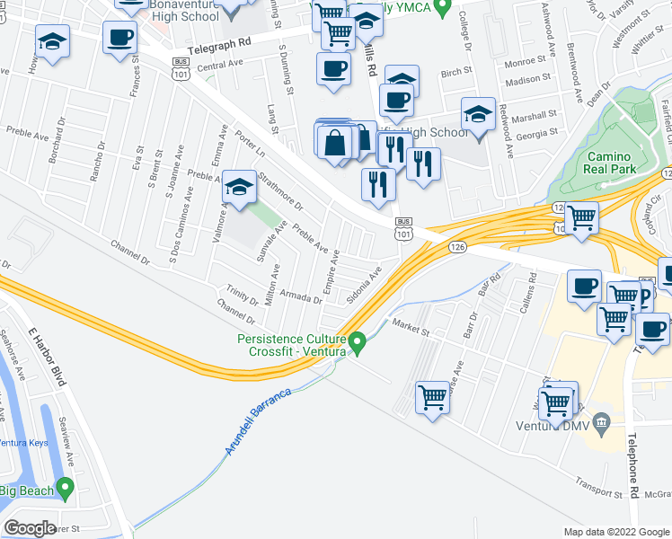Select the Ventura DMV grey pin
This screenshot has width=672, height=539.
coord(602,420)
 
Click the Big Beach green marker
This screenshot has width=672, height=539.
coord(64,488)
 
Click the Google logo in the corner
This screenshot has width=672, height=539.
coord(31,528)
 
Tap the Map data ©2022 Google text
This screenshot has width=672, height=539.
coord(616,533)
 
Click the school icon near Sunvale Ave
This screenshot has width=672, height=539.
coord(238,186)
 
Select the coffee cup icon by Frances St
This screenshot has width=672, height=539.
coord(119,37)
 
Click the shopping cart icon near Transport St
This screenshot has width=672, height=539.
coord(432,395)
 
